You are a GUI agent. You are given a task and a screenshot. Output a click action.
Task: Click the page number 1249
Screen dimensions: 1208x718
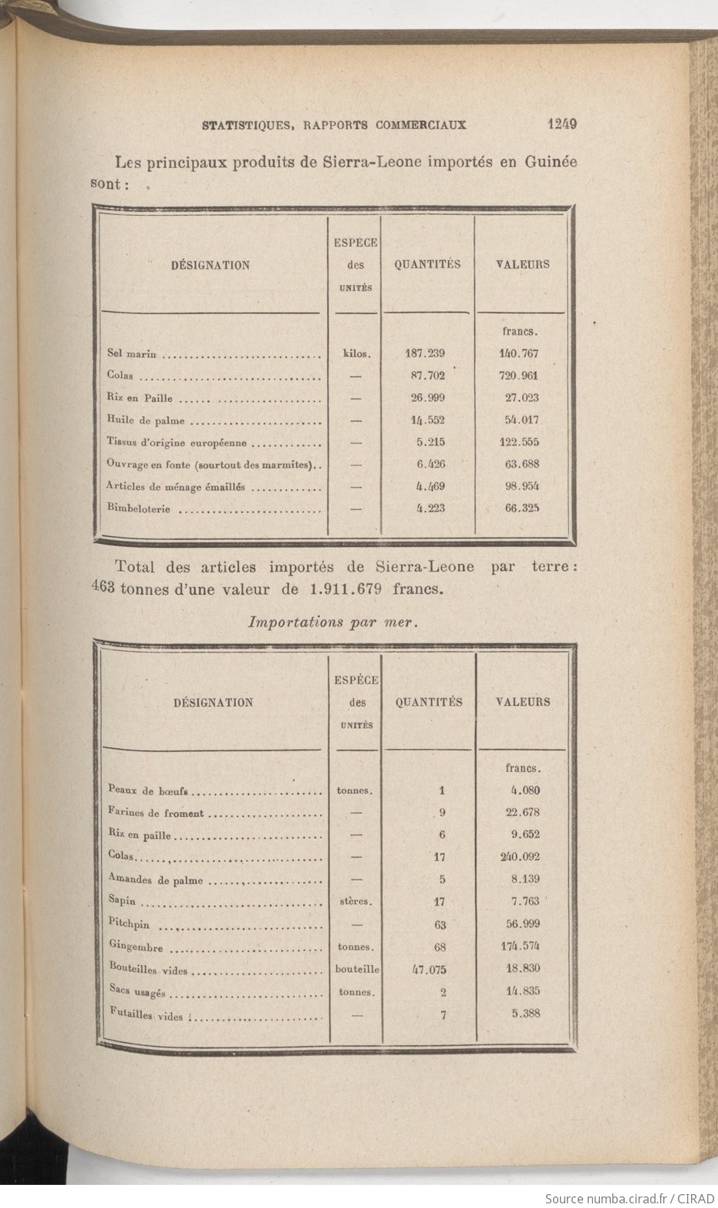pos(562,123)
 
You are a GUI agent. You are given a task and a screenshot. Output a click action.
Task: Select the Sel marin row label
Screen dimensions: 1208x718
pos(132,354)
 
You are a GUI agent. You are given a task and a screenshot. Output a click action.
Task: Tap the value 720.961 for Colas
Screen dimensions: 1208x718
pos(519,376)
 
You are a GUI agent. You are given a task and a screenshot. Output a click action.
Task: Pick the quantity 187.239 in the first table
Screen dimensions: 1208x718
pos(425,354)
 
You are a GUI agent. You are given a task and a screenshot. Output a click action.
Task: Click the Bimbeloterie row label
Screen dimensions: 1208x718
pos(140,509)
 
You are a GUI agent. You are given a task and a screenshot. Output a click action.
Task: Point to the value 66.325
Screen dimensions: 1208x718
pos(519,508)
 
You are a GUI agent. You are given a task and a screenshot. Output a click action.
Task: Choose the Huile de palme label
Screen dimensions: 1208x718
pos(147,421)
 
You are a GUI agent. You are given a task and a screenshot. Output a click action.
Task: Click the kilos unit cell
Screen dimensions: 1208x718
pos(356,355)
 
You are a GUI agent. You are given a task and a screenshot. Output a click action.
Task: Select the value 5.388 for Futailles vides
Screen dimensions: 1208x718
pos(524,1014)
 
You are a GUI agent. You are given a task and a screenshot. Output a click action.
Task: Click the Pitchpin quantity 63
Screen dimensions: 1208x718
pos(443,924)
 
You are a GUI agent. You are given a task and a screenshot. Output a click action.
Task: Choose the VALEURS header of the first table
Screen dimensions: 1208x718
pos(522,264)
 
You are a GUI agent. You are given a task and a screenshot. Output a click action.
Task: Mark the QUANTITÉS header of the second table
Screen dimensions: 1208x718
pos(429,702)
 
